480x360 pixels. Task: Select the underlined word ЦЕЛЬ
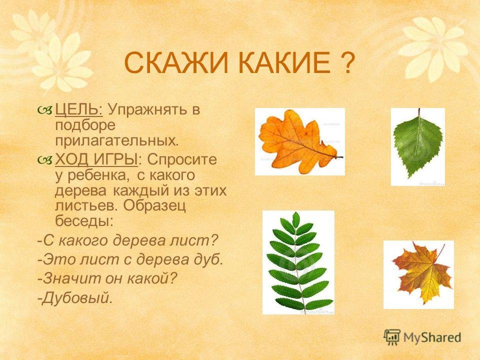pyautogui.click(x=79, y=109)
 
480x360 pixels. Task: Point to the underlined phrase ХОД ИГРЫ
pyautogui.click(x=96, y=159)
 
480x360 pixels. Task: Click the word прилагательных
pyautogui.click(x=116, y=141)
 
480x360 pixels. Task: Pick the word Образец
pyautogui.click(x=154, y=205)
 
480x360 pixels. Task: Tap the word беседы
pyautogui.click(x=84, y=220)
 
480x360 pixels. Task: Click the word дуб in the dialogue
pyautogui.click(x=209, y=259)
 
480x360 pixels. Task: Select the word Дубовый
pyautogui.click(x=75, y=297)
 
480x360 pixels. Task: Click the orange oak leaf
pyautogui.click(x=298, y=141)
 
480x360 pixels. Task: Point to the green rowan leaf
pyautogui.click(x=297, y=261)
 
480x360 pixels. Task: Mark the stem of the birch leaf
pyautogui.click(x=419, y=112)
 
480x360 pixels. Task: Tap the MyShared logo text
pyautogui.click(x=432, y=337)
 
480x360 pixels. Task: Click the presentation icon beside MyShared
pyautogui.click(x=392, y=337)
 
